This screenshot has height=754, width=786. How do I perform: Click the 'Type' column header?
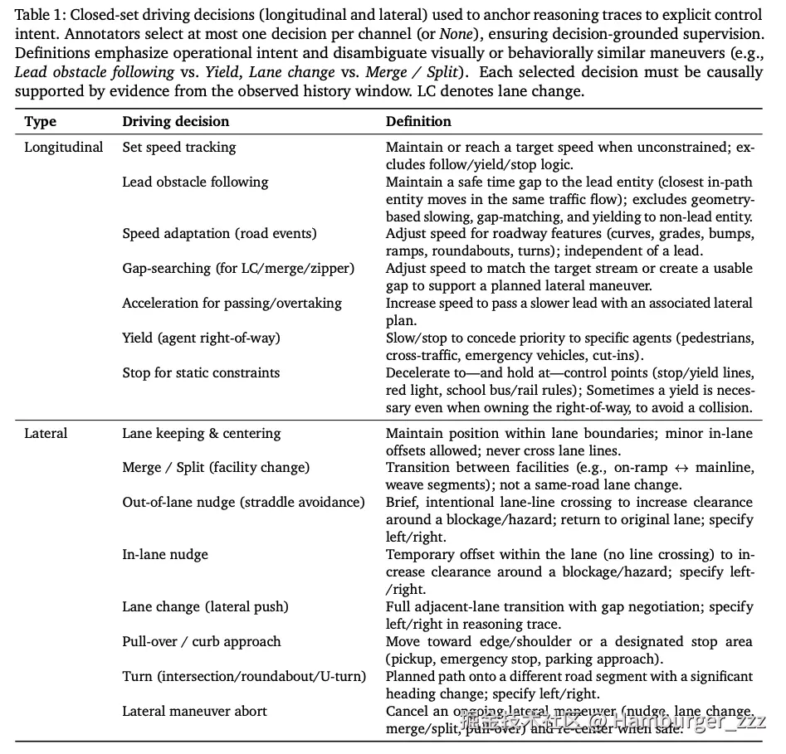pyautogui.click(x=41, y=121)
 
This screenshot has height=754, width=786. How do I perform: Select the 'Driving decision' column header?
pyautogui.click(x=175, y=121)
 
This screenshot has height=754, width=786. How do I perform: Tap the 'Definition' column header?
pyautogui.click(x=418, y=121)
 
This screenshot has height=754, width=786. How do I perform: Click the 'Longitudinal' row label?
pyautogui.click(x=64, y=147)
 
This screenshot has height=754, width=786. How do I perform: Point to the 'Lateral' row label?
pyautogui.click(x=46, y=433)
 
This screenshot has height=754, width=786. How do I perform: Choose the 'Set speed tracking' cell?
pyautogui.click(x=179, y=147)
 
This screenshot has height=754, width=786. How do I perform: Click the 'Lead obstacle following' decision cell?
pyautogui.click(x=195, y=182)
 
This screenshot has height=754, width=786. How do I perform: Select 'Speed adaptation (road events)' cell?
pyautogui.click(x=219, y=233)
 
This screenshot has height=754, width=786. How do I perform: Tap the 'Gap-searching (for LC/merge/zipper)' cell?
pyautogui.click(x=238, y=268)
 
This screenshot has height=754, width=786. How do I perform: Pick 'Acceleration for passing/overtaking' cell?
pyautogui.click(x=232, y=303)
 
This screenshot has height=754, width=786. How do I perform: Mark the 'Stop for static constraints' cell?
pyautogui.click(x=201, y=372)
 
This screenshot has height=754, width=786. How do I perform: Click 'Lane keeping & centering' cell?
pyautogui.click(x=202, y=433)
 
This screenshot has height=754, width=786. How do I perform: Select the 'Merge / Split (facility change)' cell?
pyautogui.click(x=216, y=467)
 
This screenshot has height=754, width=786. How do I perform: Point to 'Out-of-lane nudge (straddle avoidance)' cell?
pyautogui.click(x=243, y=502)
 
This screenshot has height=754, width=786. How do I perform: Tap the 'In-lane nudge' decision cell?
pyautogui.click(x=165, y=554)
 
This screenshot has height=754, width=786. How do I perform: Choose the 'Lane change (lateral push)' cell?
pyautogui.click(x=205, y=606)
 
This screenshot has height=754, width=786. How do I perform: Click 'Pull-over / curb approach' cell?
pyautogui.click(x=202, y=641)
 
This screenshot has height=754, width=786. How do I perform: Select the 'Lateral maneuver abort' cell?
pyautogui.click(x=195, y=711)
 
